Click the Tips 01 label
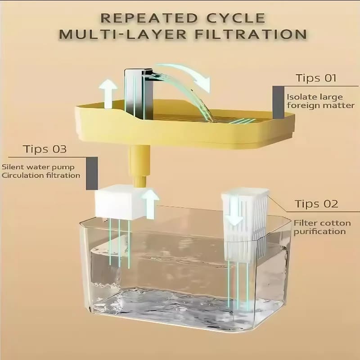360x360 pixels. click(x=316, y=78)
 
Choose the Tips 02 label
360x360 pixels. click(x=316, y=204)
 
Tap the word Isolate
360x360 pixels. click(x=299, y=97)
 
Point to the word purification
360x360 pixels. click(x=319, y=231)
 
